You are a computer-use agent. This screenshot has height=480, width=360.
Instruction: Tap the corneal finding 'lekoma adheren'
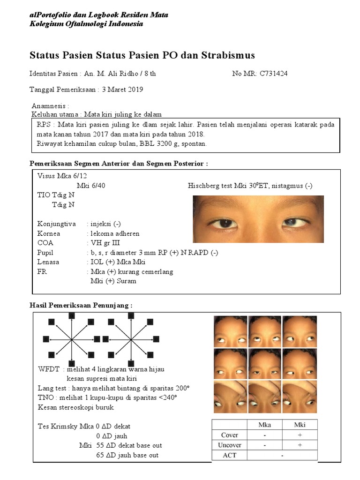click(115, 233)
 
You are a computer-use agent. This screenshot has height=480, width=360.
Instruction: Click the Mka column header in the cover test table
click(264, 425)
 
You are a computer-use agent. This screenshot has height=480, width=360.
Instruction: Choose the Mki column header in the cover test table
click(300, 425)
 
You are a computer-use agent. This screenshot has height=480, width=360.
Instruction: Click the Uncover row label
click(230, 445)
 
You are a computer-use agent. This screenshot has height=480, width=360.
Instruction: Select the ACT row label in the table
click(230, 455)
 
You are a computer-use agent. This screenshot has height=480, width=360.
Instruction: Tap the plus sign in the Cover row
click(300, 435)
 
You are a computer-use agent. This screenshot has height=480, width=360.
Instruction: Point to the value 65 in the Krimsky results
click(101, 455)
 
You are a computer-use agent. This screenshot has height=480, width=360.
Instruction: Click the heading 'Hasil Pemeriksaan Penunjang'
click(81, 305)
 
